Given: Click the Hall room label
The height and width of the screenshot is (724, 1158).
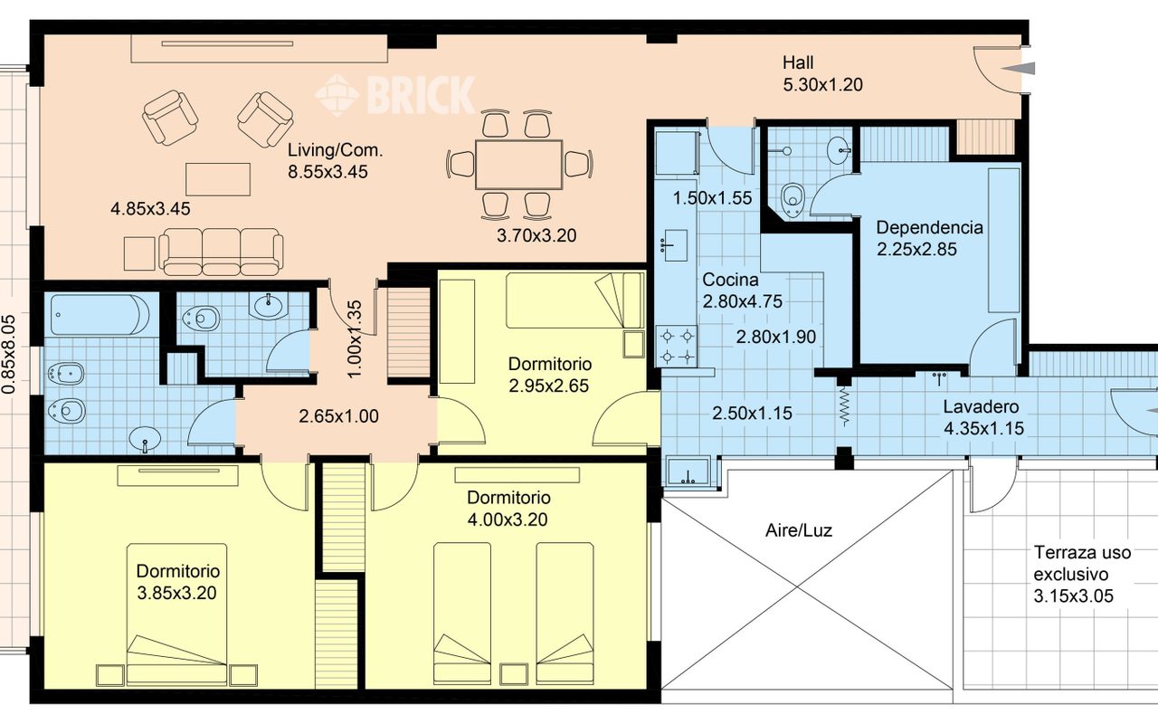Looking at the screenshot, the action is [798, 62].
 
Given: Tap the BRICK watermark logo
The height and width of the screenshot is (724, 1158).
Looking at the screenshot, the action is [395, 95].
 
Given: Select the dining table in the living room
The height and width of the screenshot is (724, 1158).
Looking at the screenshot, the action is [518, 165].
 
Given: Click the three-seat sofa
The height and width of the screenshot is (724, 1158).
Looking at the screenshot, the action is [222, 252].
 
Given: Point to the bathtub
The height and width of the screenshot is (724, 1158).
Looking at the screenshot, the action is [100, 315].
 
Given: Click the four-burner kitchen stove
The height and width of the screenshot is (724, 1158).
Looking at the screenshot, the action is [677, 346].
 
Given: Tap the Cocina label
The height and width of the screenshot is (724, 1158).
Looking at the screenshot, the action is [730, 280].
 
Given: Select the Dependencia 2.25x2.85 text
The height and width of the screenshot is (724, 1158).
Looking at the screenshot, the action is [929, 238].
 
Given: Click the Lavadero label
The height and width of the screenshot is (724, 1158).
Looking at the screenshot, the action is [981, 406].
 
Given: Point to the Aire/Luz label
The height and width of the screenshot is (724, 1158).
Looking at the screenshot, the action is [799, 530].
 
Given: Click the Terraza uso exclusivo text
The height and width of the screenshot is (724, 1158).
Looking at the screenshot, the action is [1082, 563].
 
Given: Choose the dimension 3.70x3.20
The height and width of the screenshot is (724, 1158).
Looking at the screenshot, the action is [536, 236].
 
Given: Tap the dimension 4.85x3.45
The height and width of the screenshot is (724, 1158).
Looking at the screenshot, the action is [150, 209].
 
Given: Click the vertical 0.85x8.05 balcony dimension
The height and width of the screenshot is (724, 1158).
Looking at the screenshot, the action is [10, 354].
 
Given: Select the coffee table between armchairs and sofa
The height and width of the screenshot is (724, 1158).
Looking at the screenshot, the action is [218, 179].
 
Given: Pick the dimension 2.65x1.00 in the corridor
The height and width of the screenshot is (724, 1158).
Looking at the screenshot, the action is [338, 416].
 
